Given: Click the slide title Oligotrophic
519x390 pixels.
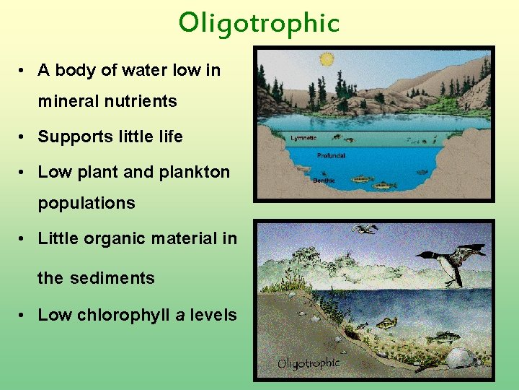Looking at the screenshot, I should coord(259,23).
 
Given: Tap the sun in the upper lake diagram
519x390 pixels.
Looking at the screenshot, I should coord(327,59).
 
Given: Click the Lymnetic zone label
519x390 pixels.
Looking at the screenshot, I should coord(303,137).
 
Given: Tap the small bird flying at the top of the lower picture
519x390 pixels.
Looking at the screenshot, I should coord(365,229).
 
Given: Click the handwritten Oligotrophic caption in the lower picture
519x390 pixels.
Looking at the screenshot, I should coord(309,363).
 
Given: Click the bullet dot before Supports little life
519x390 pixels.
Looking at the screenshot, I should coord(24,137).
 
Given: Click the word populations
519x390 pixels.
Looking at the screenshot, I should coord(86,203).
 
